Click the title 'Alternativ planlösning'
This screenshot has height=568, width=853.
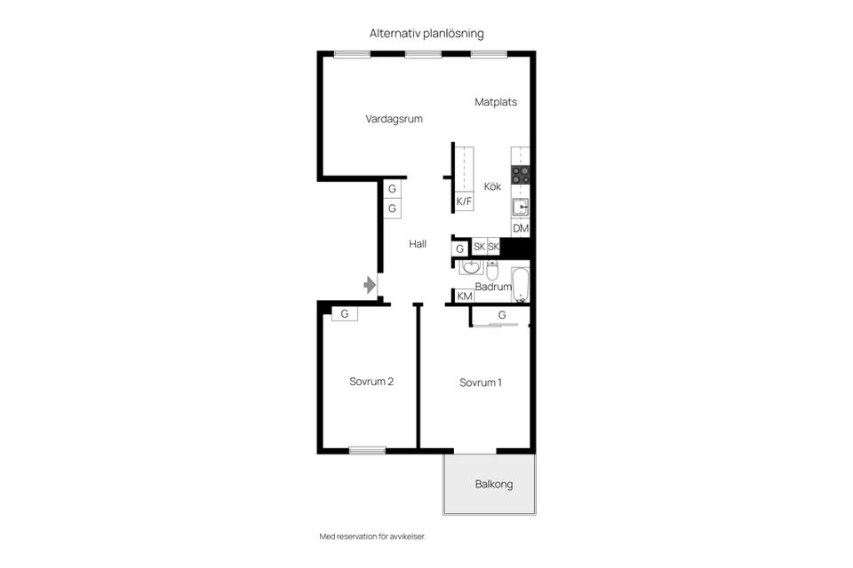click(426, 34)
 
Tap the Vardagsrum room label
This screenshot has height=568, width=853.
click(394, 119)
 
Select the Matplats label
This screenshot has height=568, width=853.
click(496, 102)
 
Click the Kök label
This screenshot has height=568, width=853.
click(492, 186)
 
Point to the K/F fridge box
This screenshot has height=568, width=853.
click(464, 201)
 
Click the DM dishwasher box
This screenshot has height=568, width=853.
click(521, 228)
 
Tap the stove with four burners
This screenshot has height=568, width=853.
click(520, 175)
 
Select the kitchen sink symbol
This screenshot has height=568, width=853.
click(520, 207)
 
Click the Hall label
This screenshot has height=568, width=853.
click(418, 244)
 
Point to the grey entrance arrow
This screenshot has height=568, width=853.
click(370, 285)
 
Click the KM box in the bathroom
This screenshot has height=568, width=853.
click(465, 296)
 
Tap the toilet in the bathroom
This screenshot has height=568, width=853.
click(492, 270)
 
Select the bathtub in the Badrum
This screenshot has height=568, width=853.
click(520, 285)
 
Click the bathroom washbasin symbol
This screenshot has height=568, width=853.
click(471, 267)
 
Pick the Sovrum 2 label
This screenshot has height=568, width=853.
click(371, 382)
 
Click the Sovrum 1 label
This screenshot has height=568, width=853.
click(481, 383)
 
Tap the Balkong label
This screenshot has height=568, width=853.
click(494, 485)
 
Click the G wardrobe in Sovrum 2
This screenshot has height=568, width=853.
click(345, 313)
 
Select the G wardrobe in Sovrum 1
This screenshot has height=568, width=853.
click(501, 315)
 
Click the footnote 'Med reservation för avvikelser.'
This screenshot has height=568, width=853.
click(372, 536)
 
